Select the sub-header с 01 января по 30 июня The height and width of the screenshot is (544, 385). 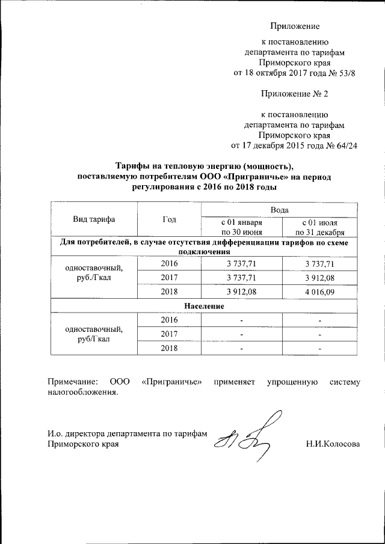241,227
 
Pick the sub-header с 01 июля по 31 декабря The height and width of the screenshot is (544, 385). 319,227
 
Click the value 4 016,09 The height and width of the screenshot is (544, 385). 319,293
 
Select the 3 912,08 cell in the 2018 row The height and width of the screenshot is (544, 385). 241,293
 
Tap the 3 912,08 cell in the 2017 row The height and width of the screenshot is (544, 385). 319,278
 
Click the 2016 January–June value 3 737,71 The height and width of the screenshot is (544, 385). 241,263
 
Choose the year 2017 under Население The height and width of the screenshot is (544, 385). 169,334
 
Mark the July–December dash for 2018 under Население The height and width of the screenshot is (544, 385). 320,349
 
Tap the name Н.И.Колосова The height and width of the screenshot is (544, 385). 333,445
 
